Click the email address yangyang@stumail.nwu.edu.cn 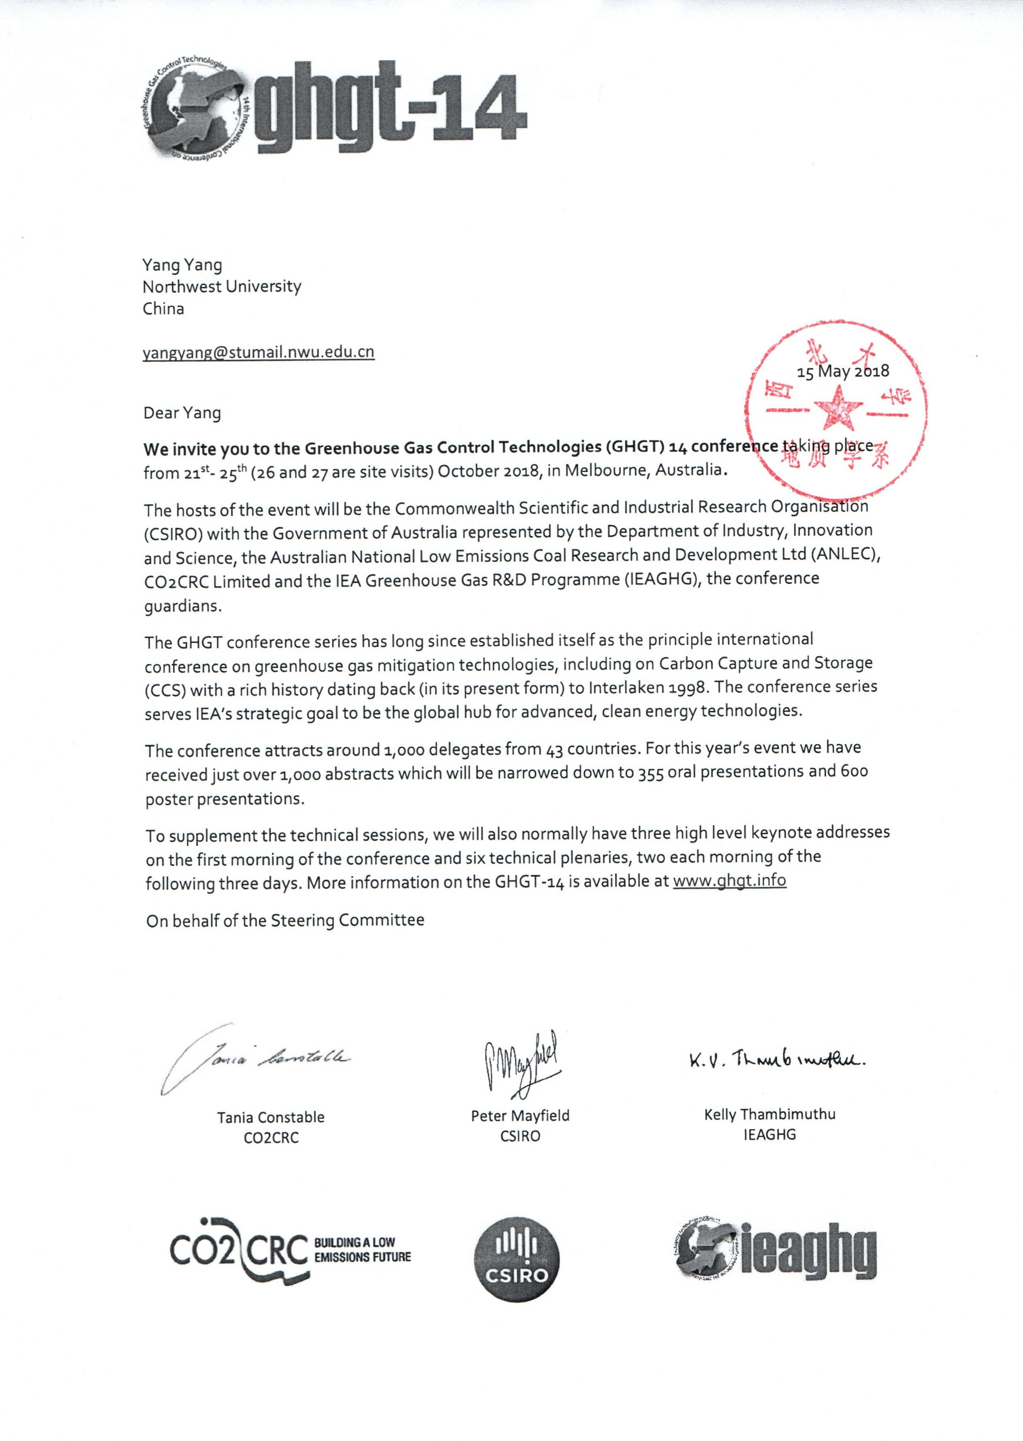click(258, 352)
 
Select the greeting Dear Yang click(182, 414)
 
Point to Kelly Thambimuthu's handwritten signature click(777, 1061)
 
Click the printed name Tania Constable click(271, 1117)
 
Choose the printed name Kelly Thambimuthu click(769, 1114)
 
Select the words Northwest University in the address click(222, 287)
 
